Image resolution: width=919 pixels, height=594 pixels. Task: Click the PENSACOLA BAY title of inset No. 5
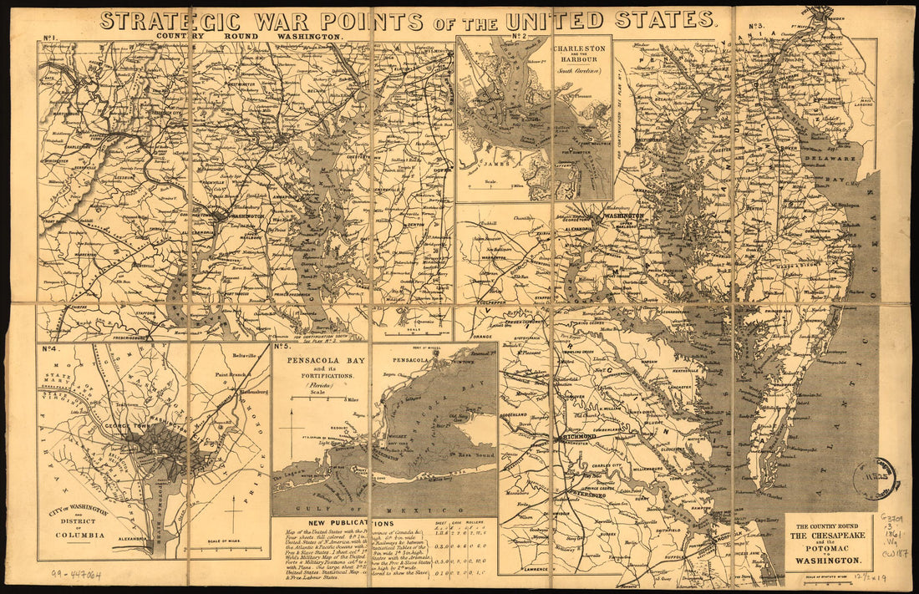[322, 363]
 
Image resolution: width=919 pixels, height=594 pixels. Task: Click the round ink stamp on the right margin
[874, 479]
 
